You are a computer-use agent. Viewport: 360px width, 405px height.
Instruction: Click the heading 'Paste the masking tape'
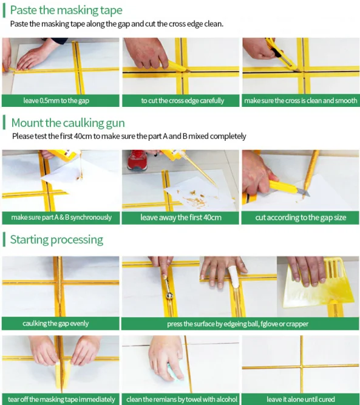pyautogui.click(x=66, y=10)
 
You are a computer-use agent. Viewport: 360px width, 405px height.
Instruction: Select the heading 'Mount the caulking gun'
pyautogui.click(x=68, y=123)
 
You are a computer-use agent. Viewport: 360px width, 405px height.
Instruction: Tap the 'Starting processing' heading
pyautogui.click(x=56, y=240)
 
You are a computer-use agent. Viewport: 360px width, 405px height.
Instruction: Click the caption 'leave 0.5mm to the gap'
pyautogui.click(x=56, y=100)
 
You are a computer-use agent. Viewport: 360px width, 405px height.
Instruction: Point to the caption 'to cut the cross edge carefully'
pyautogui.click(x=183, y=100)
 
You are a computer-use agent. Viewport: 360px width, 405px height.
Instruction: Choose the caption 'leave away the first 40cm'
pyautogui.click(x=181, y=217)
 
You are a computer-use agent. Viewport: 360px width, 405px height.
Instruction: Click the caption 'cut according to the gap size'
pyautogui.click(x=301, y=217)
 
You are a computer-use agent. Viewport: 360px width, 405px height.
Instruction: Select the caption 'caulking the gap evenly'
pyautogui.click(x=55, y=324)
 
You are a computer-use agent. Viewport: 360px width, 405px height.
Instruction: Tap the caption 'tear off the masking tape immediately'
pyautogui.click(x=61, y=400)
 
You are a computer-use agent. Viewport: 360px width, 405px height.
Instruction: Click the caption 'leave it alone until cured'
pyautogui.click(x=301, y=400)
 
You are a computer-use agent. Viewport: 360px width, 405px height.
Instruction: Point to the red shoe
pyautogui.click(x=137, y=160)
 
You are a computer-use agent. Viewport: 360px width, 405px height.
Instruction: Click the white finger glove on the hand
pyautogui.click(x=234, y=276)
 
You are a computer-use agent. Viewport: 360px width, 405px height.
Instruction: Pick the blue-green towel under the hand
pyautogui.click(x=175, y=372)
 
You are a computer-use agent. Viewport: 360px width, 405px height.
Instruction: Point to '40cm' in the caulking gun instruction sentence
pyautogui.click(x=83, y=136)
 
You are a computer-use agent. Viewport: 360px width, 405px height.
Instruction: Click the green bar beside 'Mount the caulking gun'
pyautogui.click(x=4, y=123)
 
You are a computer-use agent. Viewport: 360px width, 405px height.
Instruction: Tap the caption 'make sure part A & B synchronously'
pyautogui.click(x=61, y=217)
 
